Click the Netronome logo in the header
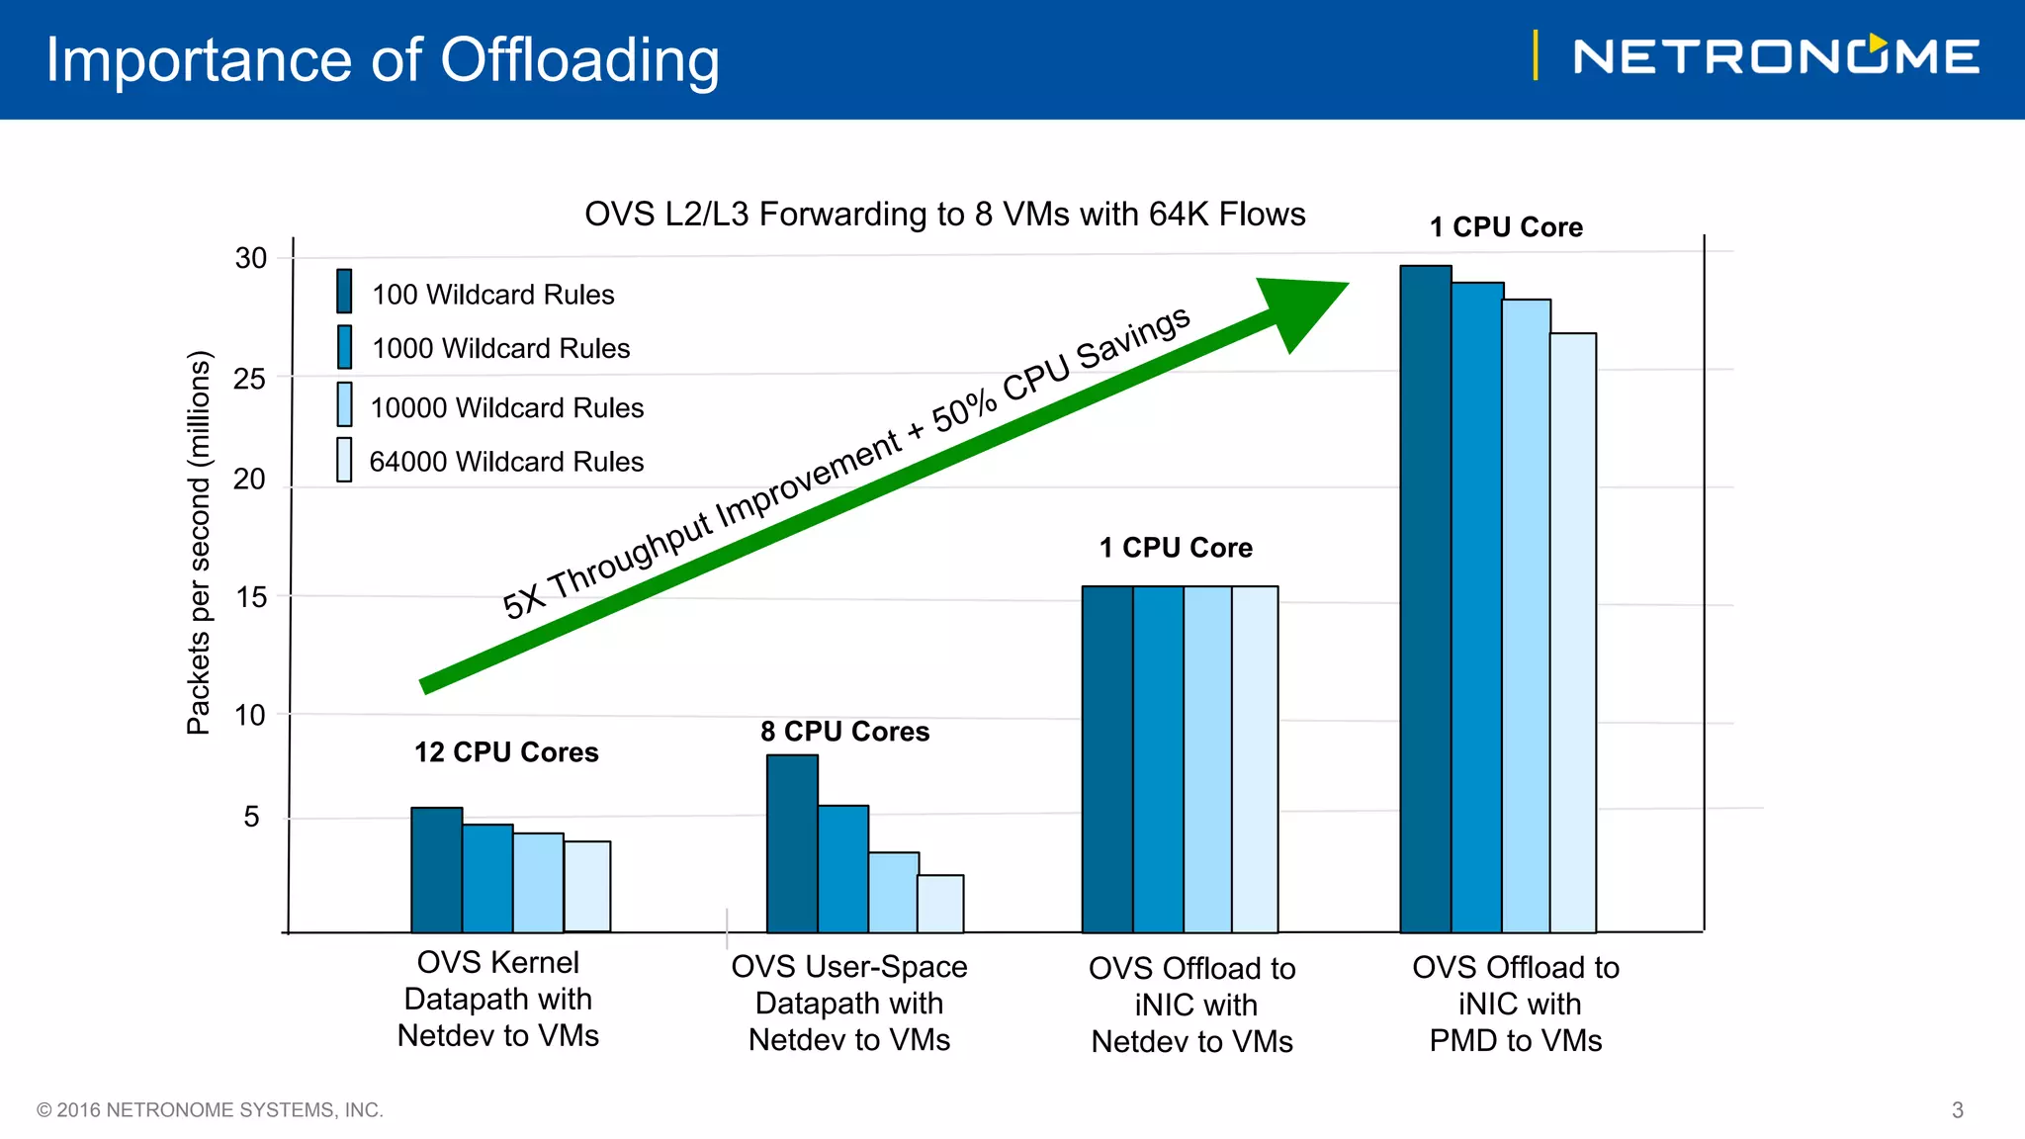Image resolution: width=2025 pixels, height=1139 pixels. (x=1776, y=56)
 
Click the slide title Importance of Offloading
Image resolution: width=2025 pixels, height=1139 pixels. (x=383, y=60)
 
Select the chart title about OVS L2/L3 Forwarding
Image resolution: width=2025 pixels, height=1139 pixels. (x=944, y=215)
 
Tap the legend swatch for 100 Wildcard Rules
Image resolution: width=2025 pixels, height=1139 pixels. (x=344, y=291)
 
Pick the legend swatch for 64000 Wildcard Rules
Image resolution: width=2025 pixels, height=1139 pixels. (x=344, y=460)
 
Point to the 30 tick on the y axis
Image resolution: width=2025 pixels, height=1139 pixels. (x=250, y=258)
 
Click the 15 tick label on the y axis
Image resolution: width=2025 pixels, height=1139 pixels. (x=250, y=597)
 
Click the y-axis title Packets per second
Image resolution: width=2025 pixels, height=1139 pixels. (x=199, y=542)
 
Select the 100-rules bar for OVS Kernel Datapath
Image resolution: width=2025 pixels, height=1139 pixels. (x=436, y=870)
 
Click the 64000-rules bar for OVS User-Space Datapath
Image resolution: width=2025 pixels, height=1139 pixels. (x=940, y=904)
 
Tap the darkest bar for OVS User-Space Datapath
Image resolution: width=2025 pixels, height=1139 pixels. (x=792, y=843)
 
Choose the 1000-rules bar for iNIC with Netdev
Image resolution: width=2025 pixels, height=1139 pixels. (x=1158, y=759)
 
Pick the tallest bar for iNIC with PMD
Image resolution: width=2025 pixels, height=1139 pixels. (x=1426, y=598)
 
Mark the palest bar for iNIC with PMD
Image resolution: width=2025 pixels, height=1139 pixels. (x=1573, y=633)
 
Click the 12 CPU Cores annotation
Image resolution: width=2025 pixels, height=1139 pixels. (x=506, y=752)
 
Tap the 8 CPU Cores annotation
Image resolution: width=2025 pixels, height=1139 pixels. (x=844, y=732)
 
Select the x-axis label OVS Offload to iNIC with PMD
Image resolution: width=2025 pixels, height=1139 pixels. (x=1516, y=1004)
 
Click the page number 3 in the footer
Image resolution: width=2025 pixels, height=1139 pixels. (x=1957, y=1110)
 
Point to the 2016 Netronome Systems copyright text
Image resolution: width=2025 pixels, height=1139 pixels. (x=210, y=1110)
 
